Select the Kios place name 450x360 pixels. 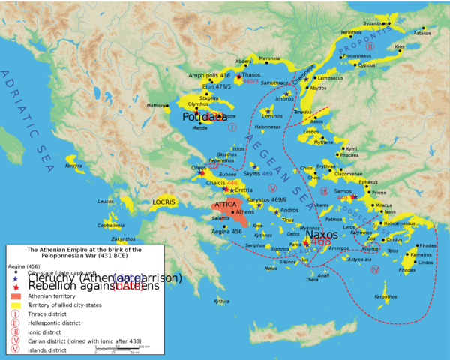point(400,46)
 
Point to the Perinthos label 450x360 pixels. point(351,33)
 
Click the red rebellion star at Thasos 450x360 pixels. point(238,76)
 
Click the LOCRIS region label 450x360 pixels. point(163,202)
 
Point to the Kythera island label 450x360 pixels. point(221,301)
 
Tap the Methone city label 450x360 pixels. point(158,106)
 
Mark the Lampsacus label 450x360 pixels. point(330,78)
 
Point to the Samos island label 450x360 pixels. point(343,191)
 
